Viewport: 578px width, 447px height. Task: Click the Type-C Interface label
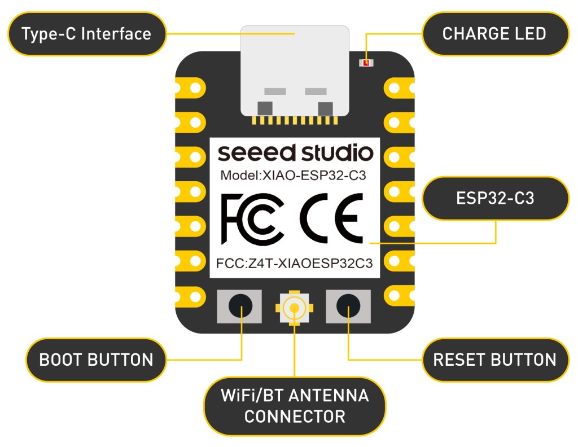86,34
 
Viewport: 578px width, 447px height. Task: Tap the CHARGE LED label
494,34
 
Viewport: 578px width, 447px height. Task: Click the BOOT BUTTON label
96,360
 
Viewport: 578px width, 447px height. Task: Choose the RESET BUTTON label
494,360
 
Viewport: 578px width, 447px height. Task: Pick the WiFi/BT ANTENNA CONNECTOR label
295,406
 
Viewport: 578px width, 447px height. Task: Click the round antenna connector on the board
293,308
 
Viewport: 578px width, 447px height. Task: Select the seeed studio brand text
295,153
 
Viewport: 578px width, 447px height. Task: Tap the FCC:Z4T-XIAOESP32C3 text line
294,263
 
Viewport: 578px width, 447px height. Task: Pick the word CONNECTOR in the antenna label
295,417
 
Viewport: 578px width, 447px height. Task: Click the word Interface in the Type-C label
116,34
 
